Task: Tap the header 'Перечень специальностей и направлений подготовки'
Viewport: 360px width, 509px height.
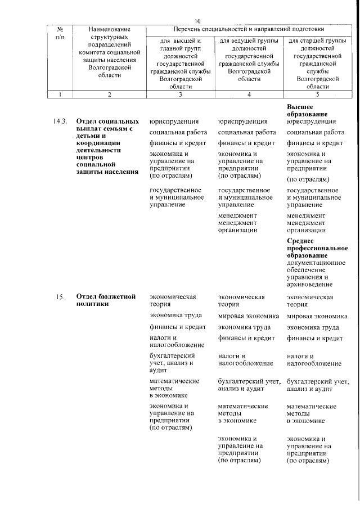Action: [248, 29]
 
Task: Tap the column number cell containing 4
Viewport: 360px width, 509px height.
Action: [249, 94]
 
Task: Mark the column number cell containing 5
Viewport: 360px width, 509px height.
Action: [318, 94]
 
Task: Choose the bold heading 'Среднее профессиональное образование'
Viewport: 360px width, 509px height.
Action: [317, 248]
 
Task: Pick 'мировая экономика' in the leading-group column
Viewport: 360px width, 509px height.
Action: [248, 316]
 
